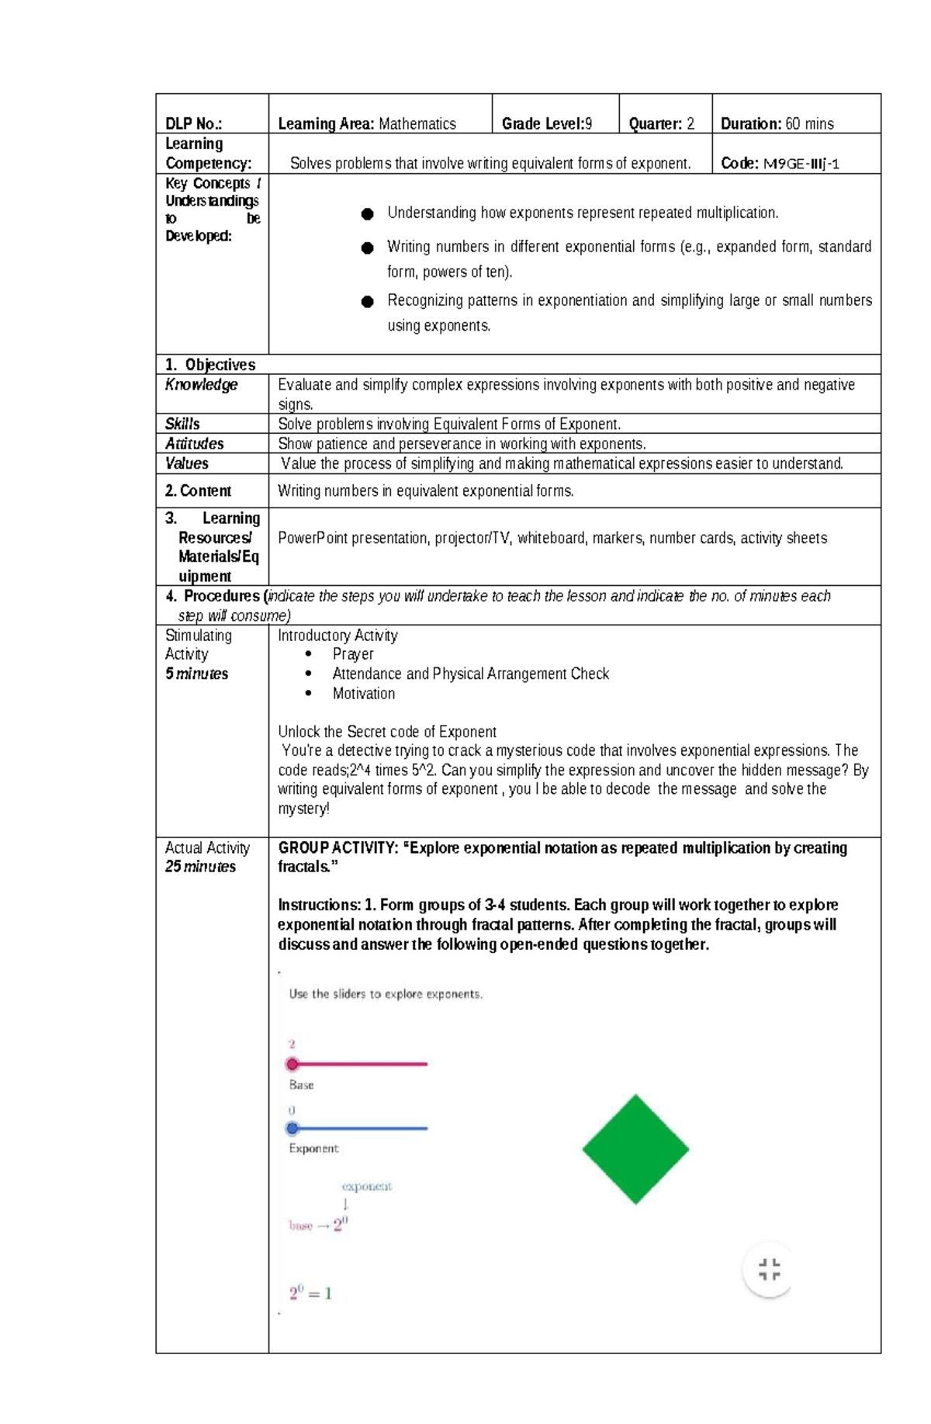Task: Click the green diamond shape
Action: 635,1149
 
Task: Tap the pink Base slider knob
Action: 292,1064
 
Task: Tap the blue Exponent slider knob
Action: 292,1128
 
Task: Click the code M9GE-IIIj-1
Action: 801,164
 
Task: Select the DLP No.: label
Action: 193,124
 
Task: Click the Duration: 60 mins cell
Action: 777,124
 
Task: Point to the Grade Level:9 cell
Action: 547,124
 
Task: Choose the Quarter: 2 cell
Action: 661,124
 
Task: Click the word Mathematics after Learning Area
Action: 417,124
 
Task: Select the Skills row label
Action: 182,424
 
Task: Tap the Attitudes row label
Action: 194,444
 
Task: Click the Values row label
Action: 186,463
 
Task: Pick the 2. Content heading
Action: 198,491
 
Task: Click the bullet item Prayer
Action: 353,654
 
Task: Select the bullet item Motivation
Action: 363,694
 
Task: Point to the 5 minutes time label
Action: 196,674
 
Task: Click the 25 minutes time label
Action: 200,867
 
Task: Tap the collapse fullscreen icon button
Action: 769,1270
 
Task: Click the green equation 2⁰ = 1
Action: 310,1294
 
